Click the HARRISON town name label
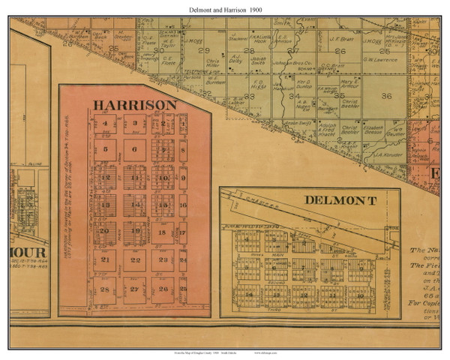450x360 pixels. pos(134,104)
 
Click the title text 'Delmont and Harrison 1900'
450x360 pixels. pos(225,7)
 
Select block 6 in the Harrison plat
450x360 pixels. pos(134,148)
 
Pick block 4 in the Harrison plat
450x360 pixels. pos(106,124)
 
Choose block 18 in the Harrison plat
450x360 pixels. pos(162,233)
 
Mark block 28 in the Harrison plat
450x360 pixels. pos(106,289)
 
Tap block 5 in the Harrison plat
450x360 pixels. pos(106,148)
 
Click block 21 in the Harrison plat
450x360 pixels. pos(106,260)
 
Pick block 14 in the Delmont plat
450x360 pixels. pos(248,295)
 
